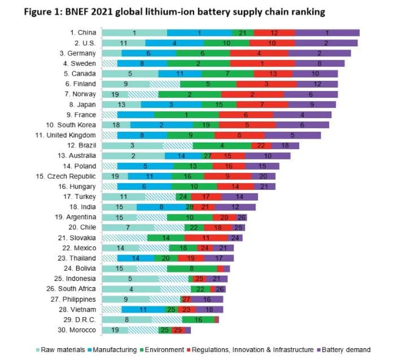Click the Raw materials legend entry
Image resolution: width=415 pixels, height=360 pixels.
click(62, 349)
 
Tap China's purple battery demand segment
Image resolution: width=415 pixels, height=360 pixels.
click(327, 33)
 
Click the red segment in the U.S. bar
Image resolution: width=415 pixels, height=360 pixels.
click(272, 43)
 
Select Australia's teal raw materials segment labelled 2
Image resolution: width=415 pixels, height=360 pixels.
click(133, 155)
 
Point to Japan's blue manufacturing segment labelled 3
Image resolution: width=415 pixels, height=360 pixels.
click(171, 105)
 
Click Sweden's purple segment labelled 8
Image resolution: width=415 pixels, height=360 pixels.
click(320, 63)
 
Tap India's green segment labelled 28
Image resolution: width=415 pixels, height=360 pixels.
click(182, 207)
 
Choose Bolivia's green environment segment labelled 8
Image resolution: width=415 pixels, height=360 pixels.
click(191, 268)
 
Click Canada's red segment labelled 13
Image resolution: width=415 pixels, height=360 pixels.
click(273, 73)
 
